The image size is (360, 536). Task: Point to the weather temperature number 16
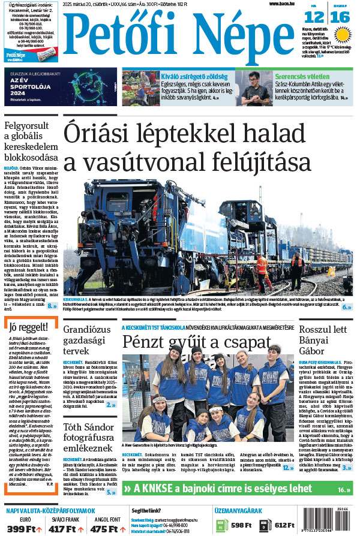[x=340, y=17]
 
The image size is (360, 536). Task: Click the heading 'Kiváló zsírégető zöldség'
[x=191, y=76]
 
